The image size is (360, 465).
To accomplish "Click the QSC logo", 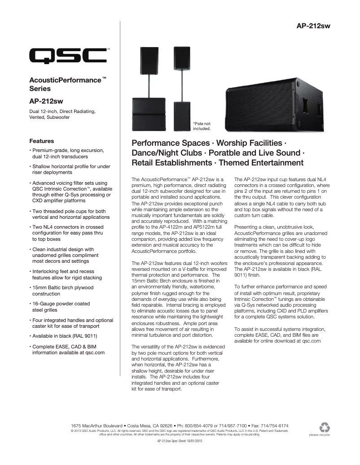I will click(68, 56).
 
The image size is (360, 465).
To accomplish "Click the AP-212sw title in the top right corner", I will click(313, 26).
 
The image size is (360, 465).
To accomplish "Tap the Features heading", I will click(41, 140).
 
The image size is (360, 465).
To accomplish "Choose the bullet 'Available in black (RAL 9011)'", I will click(64, 336).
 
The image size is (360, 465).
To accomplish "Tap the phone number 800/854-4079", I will click(196, 425).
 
